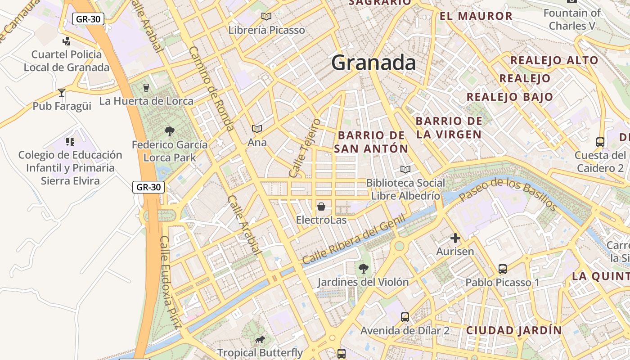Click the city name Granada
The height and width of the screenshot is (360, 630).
point(373,63)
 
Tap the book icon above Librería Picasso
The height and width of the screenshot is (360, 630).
point(266,17)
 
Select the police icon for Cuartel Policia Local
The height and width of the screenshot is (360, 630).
point(67,41)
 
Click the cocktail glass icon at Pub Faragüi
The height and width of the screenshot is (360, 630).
point(62,93)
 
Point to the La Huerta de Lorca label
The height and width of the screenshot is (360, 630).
point(146,101)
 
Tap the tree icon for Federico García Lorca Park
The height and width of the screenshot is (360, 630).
point(170,131)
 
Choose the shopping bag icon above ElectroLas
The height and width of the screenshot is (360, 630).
point(321,207)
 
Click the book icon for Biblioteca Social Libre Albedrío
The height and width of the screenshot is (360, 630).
point(405,170)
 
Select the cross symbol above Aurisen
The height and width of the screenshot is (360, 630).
point(455,238)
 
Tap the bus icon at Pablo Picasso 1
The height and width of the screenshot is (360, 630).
point(503,269)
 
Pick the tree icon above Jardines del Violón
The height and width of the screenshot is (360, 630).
point(363,269)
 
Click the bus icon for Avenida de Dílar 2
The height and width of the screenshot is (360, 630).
point(405,317)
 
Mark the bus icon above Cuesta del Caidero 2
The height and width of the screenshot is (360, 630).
point(600,142)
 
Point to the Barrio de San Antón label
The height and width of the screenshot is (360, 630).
point(371,142)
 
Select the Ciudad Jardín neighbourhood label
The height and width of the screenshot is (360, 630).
point(514,330)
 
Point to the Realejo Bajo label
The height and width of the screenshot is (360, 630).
point(510,97)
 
